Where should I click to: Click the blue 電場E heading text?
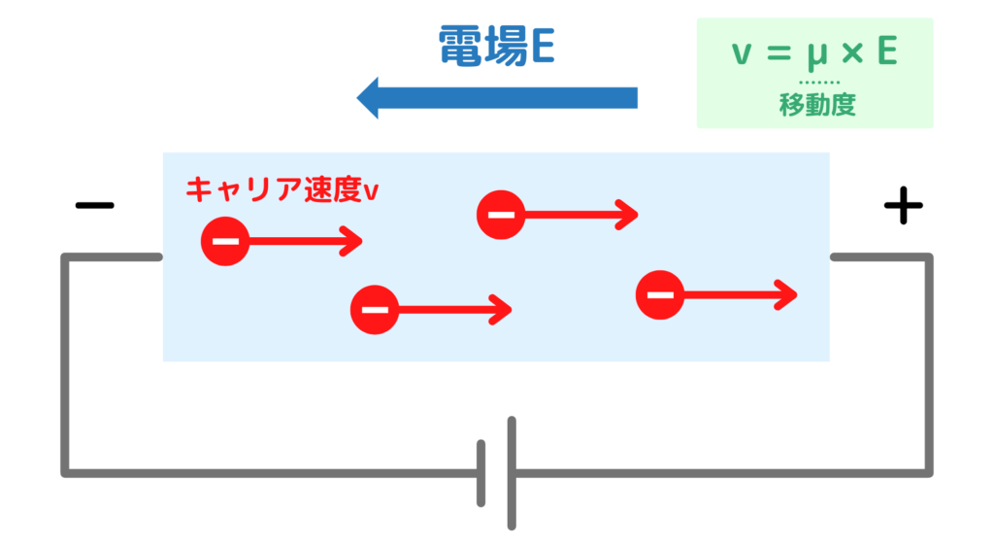tap(496, 46)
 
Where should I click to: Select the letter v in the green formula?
tap(741, 54)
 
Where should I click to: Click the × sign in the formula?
tap(851, 54)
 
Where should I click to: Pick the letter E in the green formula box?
tap(886, 53)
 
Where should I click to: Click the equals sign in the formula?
tap(777, 54)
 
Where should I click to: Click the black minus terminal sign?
tap(94, 205)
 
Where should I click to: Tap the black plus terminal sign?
tap(902, 205)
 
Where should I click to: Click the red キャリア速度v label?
tap(282, 188)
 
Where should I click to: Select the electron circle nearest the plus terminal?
tap(660, 294)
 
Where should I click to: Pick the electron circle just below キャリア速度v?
tap(224, 241)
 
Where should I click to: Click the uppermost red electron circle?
tap(501, 215)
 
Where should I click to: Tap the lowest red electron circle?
tap(375, 310)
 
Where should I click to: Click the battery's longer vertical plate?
tap(512, 473)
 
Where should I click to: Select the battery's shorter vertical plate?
tap(481, 473)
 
